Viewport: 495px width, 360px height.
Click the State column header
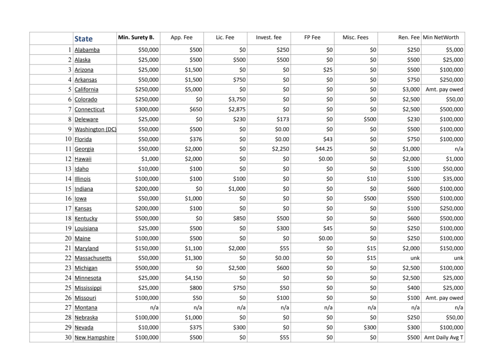coord(84,39)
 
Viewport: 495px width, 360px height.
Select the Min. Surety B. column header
coord(136,37)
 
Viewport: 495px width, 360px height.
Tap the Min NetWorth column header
coord(441,37)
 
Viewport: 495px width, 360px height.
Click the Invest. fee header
coord(269,37)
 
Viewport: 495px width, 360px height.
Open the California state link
coord(86,89)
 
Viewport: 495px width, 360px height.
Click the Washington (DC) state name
coord(95,129)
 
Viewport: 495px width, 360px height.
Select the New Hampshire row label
coord(94,337)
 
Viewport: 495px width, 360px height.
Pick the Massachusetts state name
coord(93,258)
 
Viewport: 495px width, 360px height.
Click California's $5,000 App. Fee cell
coord(193,89)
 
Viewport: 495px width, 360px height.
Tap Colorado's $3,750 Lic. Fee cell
coord(237,99)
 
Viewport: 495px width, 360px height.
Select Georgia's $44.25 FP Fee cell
coord(324,149)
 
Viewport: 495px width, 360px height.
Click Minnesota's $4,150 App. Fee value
coord(193,278)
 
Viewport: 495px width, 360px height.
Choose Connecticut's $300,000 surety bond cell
coord(147,109)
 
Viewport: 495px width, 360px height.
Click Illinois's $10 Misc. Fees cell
coord(371,179)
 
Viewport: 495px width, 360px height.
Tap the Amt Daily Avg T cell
coord(443,337)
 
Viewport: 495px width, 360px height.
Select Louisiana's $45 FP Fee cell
coord(328,228)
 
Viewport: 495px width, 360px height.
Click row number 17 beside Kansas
coord(68,208)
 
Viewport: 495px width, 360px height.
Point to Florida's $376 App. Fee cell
coord(196,139)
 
